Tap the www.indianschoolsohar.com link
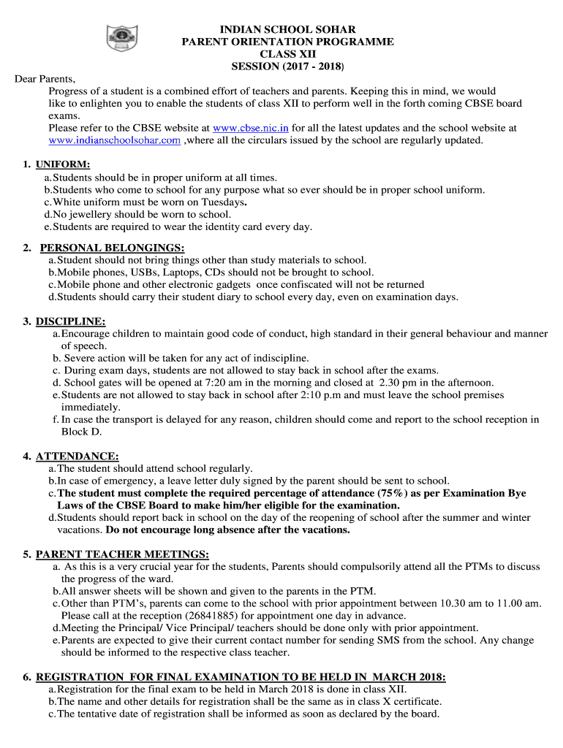(x=114, y=140)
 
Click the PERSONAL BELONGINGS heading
(x=112, y=248)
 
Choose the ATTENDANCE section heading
(x=77, y=457)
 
